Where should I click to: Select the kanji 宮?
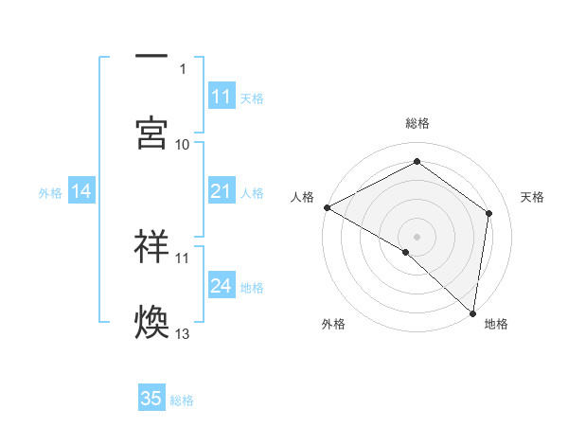[151, 133]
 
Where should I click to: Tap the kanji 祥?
[151, 245]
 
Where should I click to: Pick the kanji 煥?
[151, 321]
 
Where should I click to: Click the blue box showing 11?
[222, 97]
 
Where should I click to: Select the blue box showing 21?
[222, 191]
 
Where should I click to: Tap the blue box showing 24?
[222, 286]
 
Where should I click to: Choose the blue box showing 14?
[81, 191]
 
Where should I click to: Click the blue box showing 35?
[151, 399]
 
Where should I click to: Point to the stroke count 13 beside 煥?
[183, 333]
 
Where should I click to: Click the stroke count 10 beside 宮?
[183, 144]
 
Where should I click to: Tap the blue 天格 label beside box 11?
[252, 98]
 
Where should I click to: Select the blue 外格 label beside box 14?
[50, 192]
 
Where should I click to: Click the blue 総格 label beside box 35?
[182, 400]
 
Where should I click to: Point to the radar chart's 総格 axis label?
[417, 123]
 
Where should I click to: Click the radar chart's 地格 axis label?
[496, 324]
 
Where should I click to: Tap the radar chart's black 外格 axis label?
[333, 324]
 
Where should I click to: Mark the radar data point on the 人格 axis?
[327, 207]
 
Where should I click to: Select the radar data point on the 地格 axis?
[472, 312]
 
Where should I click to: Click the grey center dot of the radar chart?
[417, 236]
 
